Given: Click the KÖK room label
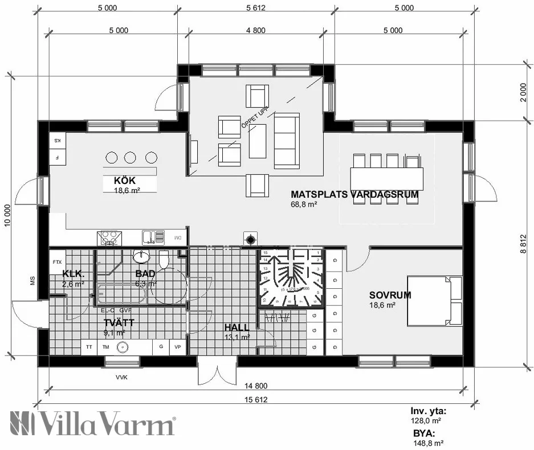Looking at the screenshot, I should [x=116, y=181].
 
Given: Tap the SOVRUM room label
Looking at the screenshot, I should [x=390, y=295].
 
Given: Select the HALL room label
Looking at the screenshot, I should [x=237, y=328].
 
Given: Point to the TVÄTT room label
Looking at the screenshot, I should [x=119, y=322].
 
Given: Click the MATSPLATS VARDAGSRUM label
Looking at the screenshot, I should [x=354, y=194].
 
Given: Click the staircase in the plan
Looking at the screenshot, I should [x=291, y=277].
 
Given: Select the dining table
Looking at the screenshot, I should [x=387, y=178].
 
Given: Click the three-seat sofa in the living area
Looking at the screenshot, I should [x=286, y=141].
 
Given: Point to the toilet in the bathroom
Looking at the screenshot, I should [x=164, y=259].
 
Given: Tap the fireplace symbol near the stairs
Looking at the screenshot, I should [x=249, y=239].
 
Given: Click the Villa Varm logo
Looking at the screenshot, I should [x=92, y=424].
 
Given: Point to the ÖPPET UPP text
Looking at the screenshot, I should [x=255, y=119].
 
